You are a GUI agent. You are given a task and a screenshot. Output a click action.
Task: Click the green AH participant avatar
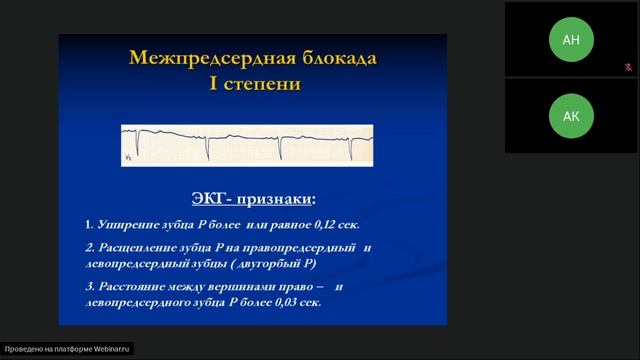[x=571, y=39]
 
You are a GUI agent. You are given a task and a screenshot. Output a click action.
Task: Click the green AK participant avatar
[x=571, y=116]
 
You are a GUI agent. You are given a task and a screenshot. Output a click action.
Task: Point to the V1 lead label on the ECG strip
[x=128, y=157]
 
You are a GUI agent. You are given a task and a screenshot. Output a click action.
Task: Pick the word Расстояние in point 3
[x=131, y=286]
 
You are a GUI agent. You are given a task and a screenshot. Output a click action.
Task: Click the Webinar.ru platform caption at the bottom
[x=67, y=350]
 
